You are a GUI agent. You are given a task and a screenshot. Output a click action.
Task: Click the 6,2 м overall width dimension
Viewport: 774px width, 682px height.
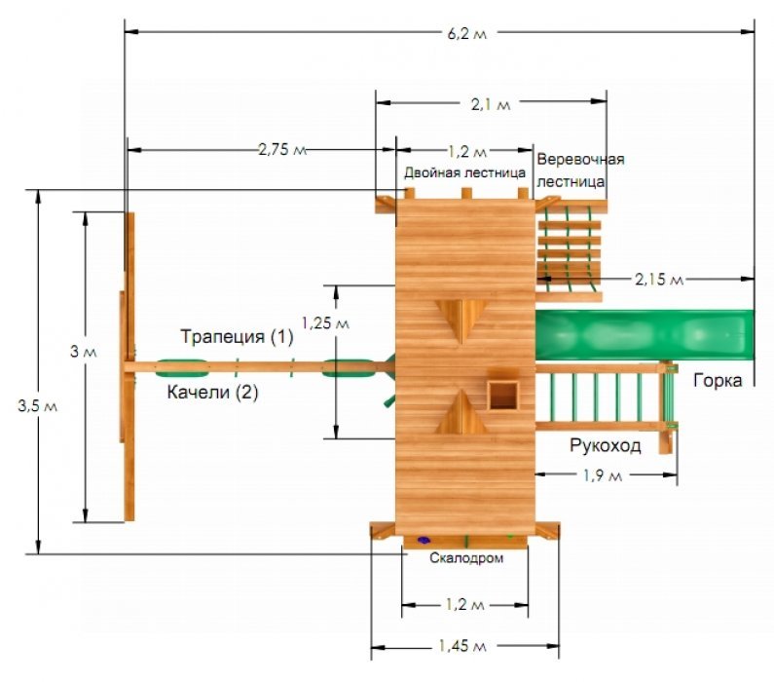466,33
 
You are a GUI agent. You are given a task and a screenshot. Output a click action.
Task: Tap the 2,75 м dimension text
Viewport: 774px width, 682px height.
282,149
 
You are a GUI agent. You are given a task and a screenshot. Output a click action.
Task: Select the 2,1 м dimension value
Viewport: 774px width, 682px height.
490,104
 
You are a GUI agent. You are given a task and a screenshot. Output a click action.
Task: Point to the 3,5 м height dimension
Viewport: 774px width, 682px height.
38,406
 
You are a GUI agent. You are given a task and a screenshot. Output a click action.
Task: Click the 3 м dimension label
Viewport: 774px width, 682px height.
84,352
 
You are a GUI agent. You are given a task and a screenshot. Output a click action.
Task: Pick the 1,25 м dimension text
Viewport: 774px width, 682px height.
325,322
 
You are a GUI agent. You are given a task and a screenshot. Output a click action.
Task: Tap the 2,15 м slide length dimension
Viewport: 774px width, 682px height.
659,280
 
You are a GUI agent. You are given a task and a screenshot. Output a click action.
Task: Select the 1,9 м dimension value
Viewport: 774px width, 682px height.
603,475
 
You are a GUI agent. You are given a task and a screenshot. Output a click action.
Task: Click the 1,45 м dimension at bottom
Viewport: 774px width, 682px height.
462,645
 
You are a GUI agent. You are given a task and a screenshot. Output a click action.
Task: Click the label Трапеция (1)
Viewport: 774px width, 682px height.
237,336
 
